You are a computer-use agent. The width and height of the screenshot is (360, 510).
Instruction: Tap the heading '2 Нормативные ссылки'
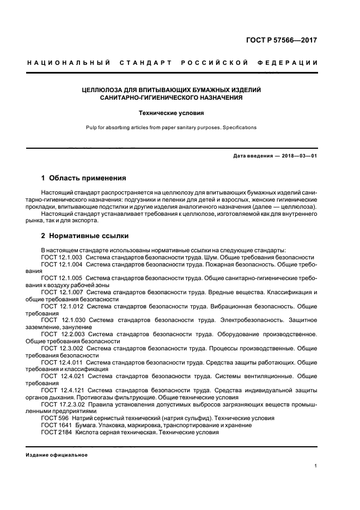click(85, 236)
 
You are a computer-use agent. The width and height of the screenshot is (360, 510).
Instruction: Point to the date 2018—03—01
click(298, 156)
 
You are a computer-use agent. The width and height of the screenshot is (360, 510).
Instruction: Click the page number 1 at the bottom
click(316, 465)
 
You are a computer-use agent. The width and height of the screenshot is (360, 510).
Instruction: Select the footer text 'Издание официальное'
click(57, 454)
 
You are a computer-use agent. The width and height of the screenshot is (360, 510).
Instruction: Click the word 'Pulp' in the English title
click(91, 127)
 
